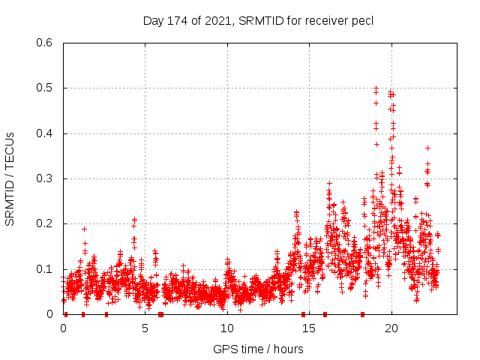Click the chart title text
coord(258,20)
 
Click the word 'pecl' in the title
coord(361,20)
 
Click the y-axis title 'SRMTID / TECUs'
coord(10,178)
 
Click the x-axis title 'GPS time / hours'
coord(258,349)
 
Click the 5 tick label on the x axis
coord(145,328)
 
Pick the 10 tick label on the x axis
coord(227,328)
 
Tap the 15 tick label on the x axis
coord(309,328)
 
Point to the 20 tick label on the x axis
coord(391,328)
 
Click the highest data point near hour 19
coord(376,88)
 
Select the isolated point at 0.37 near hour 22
coord(427,148)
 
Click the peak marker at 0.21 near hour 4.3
coord(134,220)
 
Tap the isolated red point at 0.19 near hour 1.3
coord(84,229)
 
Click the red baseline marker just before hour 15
coord(303,314)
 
